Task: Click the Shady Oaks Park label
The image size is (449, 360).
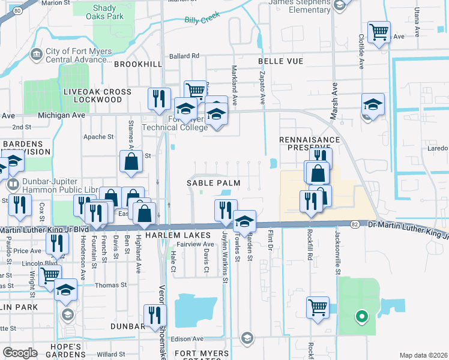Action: pyautogui.click(x=109, y=12)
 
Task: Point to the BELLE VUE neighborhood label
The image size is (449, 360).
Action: pyautogui.click(x=279, y=61)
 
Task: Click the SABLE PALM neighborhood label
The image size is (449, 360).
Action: pyautogui.click(x=213, y=182)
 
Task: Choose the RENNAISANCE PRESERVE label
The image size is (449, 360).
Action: pyautogui.click(x=310, y=143)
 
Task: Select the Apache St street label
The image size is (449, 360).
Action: pyautogui.click(x=98, y=137)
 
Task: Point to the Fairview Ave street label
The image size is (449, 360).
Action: pyautogui.click(x=199, y=244)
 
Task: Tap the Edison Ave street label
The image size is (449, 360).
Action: pyautogui.click(x=188, y=339)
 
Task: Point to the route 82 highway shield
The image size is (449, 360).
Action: pyautogui.click(x=355, y=224)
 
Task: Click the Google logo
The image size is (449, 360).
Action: pyautogui.click(x=20, y=353)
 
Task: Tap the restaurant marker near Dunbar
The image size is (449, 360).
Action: pyautogui.click(x=154, y=314)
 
